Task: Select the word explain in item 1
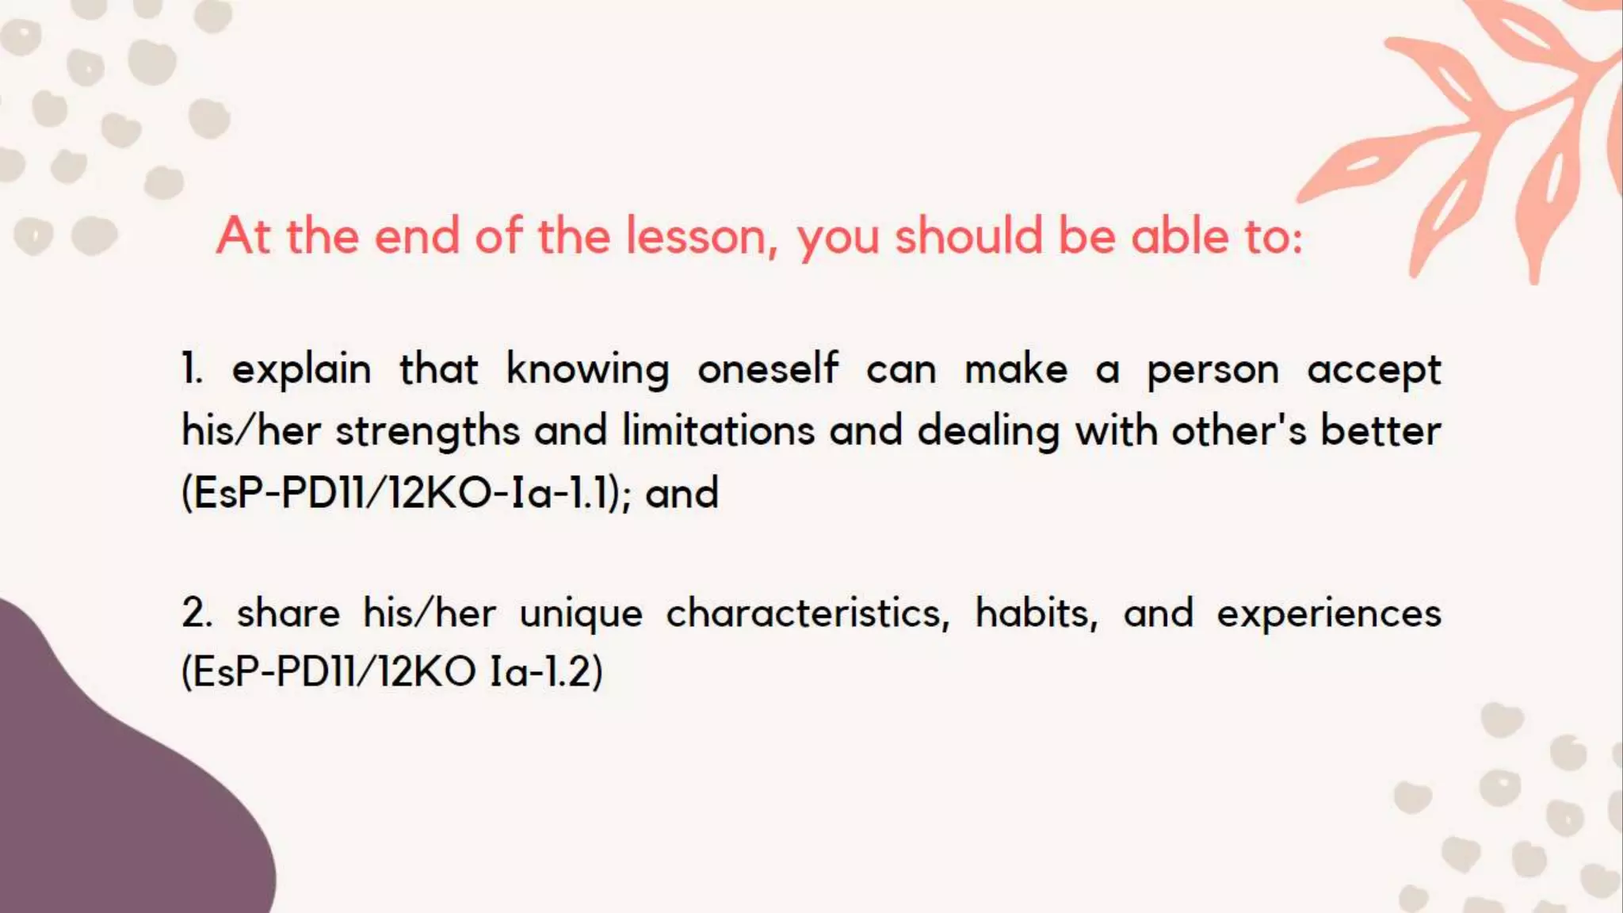coord(301,370)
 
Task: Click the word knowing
coord(587,370)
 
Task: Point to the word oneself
coord(767,369)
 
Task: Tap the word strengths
coord(427,431)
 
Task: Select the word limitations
coord(718,431)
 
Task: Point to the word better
coord(1381,431)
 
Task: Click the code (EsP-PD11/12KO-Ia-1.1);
coord(407,493)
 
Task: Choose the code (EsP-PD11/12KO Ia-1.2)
coord(391,672)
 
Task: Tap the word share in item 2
coord(288,613)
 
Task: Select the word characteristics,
coord(808,613)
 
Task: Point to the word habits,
coord(1037,613)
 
